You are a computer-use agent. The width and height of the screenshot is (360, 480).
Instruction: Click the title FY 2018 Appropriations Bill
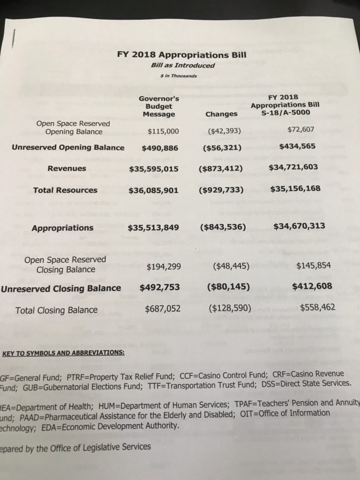click(182, 55)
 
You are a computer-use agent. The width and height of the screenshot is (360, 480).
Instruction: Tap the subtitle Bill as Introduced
click(183, 65)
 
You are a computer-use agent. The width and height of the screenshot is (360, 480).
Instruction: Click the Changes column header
click(221, 114)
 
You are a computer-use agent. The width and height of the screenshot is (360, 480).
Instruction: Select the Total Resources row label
click(66, 190)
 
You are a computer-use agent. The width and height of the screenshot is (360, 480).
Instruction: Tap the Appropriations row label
click(62, 228)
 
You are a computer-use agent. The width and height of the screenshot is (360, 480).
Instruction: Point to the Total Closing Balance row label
click(57, 310)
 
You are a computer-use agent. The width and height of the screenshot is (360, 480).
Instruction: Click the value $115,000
click(163, 131)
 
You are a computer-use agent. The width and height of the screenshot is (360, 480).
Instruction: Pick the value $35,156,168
click(295, 189)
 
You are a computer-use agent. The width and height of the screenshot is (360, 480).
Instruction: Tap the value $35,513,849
click(153, 228)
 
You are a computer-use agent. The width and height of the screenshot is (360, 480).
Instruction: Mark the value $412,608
click(312, 285)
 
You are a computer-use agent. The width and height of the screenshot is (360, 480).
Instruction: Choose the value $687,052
click(161, 309)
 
